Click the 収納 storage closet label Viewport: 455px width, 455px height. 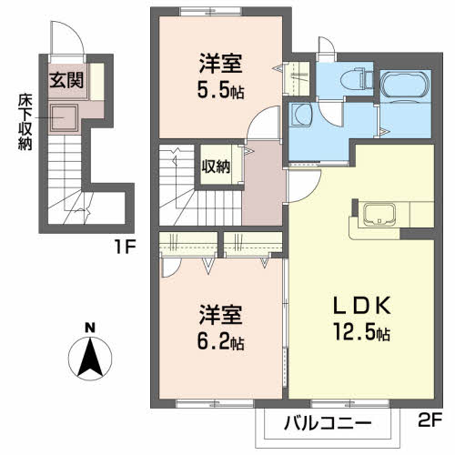pos(216,166)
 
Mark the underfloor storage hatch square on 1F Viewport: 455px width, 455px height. pos(64,117)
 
